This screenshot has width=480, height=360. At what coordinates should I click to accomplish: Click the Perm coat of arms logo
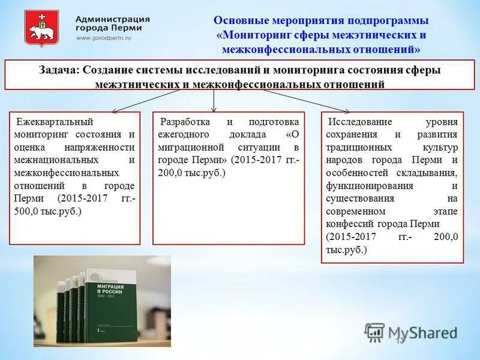(41, 28)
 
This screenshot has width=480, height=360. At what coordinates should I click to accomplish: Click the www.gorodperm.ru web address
(103, 38)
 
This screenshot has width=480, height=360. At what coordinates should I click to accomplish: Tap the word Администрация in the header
(113, 18)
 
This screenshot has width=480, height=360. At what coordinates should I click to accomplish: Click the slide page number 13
(400, 341)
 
